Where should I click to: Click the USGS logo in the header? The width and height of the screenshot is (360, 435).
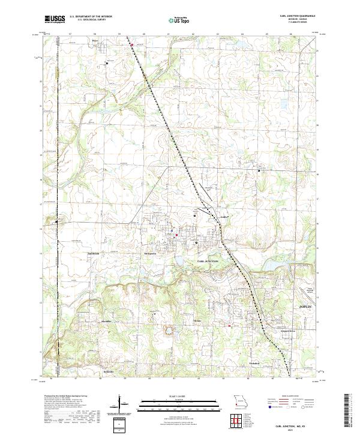pos(55,19)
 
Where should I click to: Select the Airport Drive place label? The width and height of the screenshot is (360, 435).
pos(288,331)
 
